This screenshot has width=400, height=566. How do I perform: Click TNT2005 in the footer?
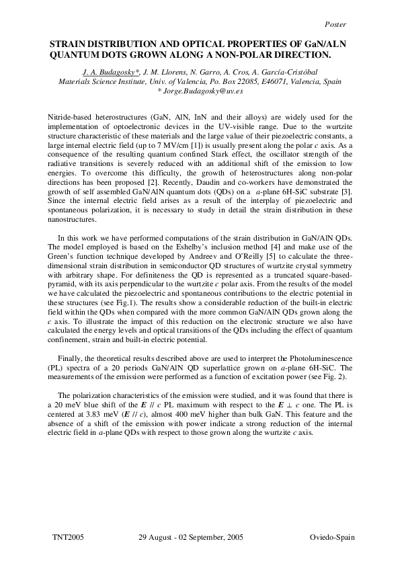[67, 539]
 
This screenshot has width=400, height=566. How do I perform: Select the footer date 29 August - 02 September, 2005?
[190, 539]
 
